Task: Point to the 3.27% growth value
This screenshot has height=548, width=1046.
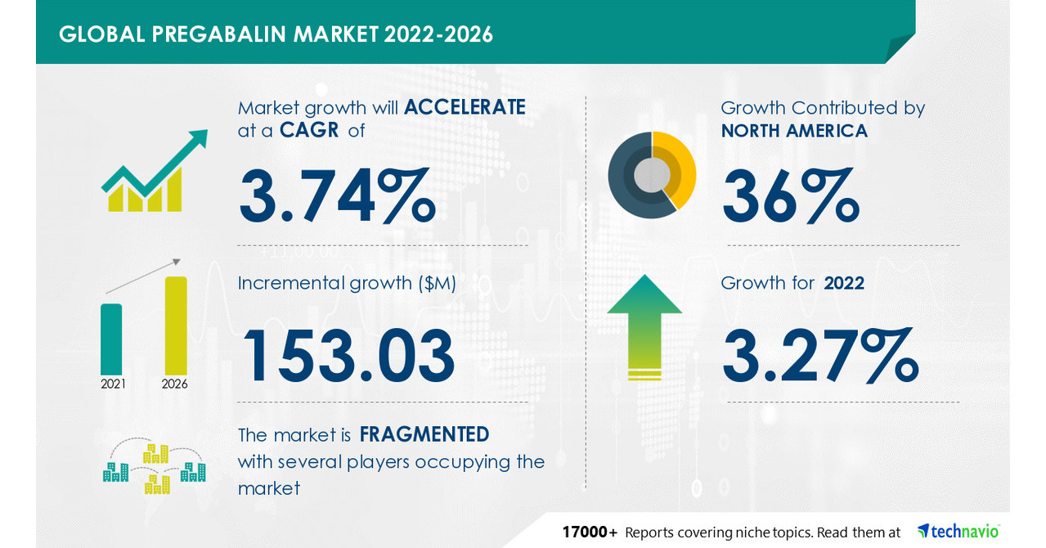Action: click(x=820, y=355)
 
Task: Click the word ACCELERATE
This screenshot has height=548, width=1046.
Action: click(x=465, y=107)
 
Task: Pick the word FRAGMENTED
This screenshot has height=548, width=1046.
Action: click(x=424, y=433)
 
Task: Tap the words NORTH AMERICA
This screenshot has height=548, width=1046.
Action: click(x=794, y=130)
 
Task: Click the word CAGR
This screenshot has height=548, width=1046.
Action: click(x=310, y=130)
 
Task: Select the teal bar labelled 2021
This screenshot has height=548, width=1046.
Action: click(x=111, y=338)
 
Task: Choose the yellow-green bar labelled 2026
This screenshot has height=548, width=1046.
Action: click(x=176, y=325)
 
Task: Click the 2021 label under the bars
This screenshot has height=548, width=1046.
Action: click(x=113, y=383)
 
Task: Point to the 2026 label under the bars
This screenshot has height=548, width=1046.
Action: click(x=175, y=383)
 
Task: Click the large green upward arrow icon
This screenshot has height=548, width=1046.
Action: click(x=644, y=326)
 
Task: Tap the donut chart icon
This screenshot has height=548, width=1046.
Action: click(x=652, y=175)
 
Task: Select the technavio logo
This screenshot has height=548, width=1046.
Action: click(x=958, y=532)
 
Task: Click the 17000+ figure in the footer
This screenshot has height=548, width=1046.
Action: click(x=589, y=532)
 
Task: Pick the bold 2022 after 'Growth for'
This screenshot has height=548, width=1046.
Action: click(x=844, y=283)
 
